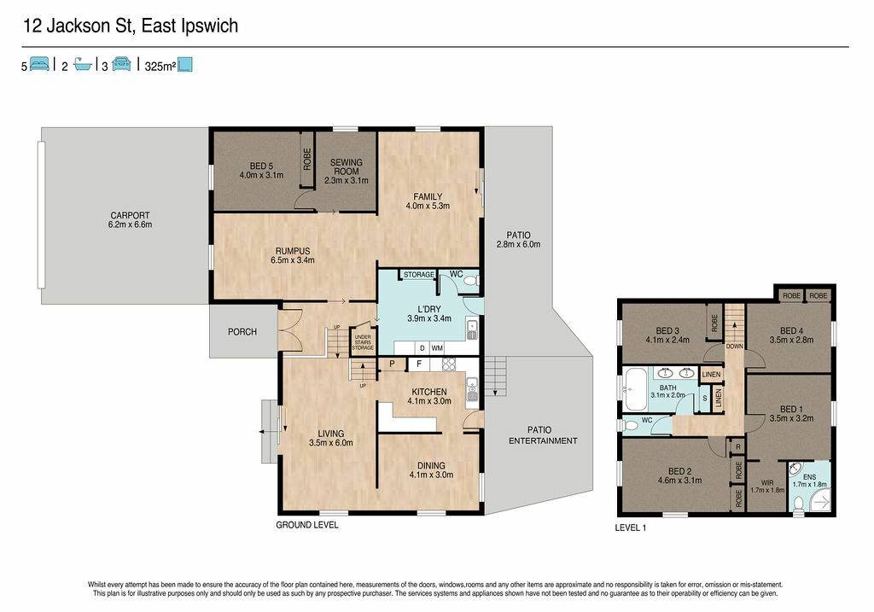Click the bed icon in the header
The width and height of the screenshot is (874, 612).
39,64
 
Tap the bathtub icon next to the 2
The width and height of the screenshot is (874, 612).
83,65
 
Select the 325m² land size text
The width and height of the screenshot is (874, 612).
160,67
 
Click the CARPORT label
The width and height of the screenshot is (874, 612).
130,215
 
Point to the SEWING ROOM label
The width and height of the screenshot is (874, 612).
347,166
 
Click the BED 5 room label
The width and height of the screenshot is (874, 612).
261,166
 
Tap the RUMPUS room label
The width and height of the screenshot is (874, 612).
292,251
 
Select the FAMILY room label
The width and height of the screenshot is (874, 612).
428,196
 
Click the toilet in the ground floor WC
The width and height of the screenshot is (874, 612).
471,282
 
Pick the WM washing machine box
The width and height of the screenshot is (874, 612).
437,347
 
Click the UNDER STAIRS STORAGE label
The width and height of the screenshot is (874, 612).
362,342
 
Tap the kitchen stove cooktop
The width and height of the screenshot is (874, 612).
449,364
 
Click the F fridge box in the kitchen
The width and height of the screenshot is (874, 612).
419,364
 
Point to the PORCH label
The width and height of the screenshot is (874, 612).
242,332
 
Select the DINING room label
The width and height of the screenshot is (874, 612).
431,465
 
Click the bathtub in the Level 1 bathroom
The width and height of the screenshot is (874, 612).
634,389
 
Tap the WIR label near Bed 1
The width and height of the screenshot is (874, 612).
767,483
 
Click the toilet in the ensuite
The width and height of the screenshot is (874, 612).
798,504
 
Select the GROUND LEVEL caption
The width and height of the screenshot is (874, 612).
307,525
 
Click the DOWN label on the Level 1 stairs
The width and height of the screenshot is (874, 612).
734,347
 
